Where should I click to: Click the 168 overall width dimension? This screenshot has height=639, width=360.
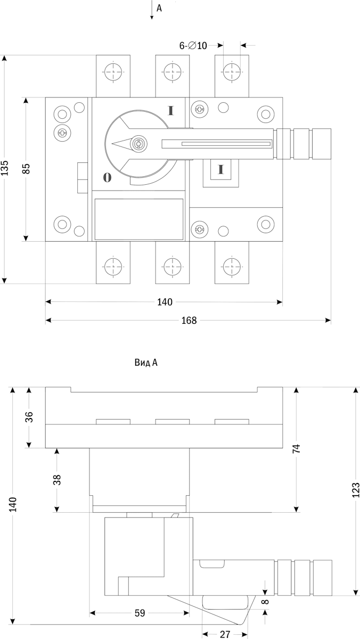click(189, 321)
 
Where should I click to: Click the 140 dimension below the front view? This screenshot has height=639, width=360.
click(165, 302)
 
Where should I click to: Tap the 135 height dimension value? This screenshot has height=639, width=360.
click(5, 168)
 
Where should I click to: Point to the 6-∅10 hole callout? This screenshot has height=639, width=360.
click(193, 46)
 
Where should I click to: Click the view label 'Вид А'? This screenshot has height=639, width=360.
click(146, 363)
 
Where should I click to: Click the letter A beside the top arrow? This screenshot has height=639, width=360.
click(159, 8)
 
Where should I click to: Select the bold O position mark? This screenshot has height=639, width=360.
click(107, 178)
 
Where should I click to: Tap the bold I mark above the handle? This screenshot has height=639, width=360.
click(171, 111)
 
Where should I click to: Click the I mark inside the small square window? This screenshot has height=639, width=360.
click(220, 170)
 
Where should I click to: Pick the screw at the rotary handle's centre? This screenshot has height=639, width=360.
click(139, 143)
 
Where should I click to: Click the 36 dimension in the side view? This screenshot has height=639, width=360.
click(29, 416)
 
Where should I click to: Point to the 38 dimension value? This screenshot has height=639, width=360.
click(58, 479)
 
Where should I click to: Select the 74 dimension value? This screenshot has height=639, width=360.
click(297, 448)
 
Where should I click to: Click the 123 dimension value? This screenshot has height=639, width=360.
click(356, 490)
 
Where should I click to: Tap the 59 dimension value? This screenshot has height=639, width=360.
click(139, 613)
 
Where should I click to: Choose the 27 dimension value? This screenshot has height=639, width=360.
click(225, 634)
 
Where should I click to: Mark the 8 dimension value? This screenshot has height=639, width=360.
click(266, 602)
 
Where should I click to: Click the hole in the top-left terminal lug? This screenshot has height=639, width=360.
click(112, 71)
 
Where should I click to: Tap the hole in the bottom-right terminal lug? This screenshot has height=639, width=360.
click(231, 265)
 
